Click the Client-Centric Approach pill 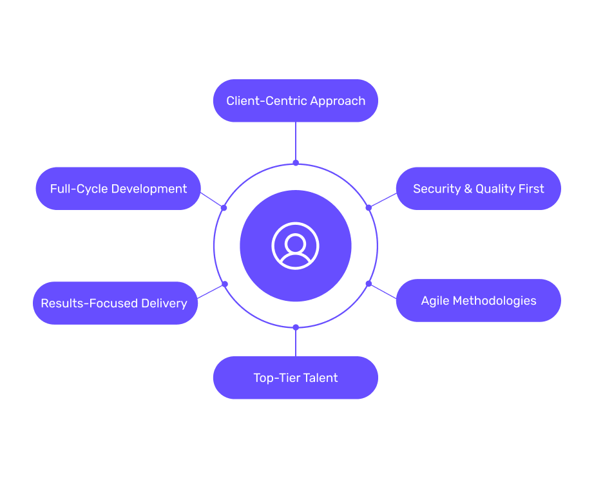click(295, 100)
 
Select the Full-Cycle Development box click(118, 189)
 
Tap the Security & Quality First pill click(478, 189)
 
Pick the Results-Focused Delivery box click(115, 303)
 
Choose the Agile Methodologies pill click(478, 300)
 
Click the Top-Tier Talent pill click(295, 378)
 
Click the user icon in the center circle click(295, 245)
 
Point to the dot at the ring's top click(296, 163)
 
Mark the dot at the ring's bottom click(296, 327)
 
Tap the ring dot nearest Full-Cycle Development click(224, 207)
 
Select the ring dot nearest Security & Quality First click(369, 207)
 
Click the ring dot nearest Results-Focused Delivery click(224, 283)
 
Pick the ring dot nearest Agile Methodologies click(369, 283)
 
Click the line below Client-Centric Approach click(296, 142)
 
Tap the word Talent click(320, 378)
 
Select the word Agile click(435, 301)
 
